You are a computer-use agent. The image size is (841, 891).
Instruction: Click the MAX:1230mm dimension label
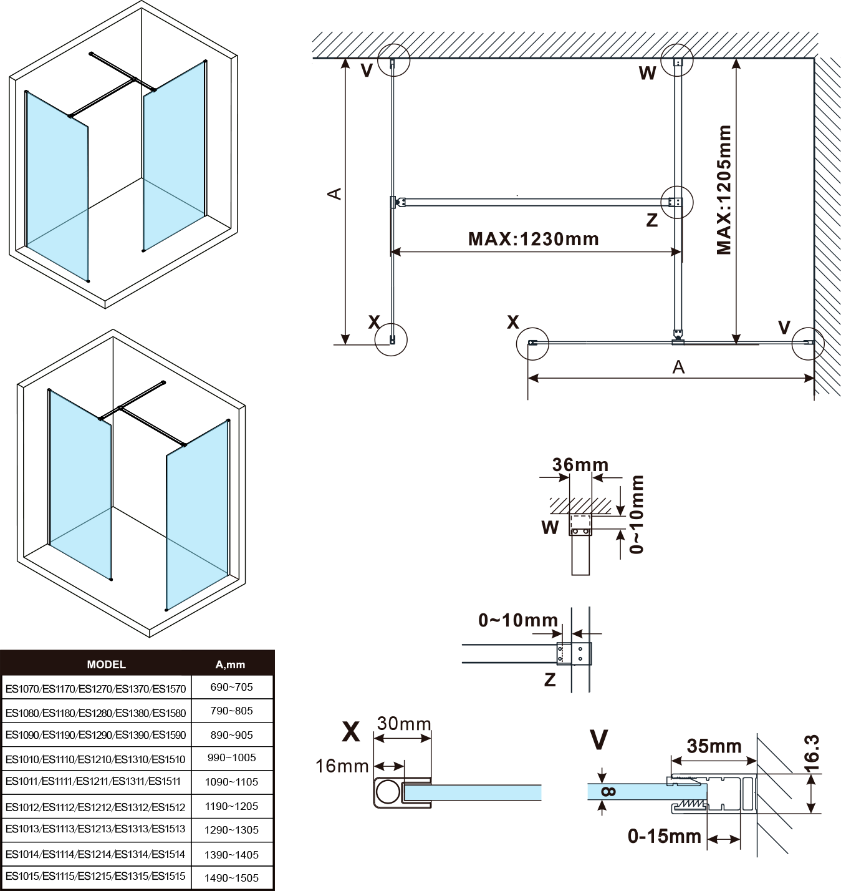pyautogui.click(x=533, y=239)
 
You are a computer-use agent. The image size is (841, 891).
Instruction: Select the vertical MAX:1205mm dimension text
pyautogui.click(x=724, y=190)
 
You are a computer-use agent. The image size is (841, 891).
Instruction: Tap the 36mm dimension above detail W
pyautogui.click(x=580, y=465)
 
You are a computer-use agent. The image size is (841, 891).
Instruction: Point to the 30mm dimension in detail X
pyautogui.click(x=404, y=724)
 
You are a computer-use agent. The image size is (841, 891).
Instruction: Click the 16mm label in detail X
pyautogui.click(x=342, y=766)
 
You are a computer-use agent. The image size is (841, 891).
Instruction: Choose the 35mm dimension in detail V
pyautogui.click(x=714, y=746)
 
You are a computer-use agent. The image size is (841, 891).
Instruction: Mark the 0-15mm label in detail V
pyautogui.click(x=664, y=836)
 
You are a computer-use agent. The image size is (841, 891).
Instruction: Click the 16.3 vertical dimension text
pyautogui.click(x=812, y=754)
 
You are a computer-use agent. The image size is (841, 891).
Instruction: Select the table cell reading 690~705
pyautogui.click(x=231, y=687)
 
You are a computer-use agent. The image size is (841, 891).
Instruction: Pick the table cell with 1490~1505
pyautogui.click(x=231, y=878)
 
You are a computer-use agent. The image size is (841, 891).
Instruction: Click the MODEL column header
pyautogui.click(x=106, y=665)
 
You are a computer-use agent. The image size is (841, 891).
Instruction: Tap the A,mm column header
pyautogui.click(x=230, y=665)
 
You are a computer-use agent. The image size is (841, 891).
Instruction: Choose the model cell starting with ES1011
pyautogui.click(x=93, y=781)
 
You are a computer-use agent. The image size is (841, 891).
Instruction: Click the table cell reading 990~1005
pyautogui.click(x=231, y=757)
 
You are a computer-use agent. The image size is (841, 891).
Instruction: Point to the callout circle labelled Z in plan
pyautogui.click(x=676, y=202)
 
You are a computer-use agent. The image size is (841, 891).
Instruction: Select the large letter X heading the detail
pyautogui.click(x=351, y=731)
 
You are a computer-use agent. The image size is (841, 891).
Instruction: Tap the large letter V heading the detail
pyautogui.click(x=598, y=739)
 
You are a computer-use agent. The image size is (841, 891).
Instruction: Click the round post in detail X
pyautogui.click(x=388, y=792)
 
